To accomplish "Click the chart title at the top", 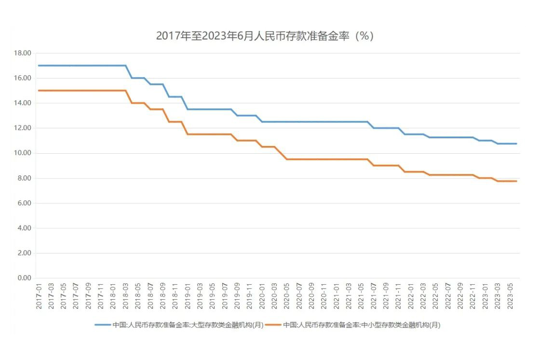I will click(x=265, y=36).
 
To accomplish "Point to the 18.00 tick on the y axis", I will click(x=23, y=53).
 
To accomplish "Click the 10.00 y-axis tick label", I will click(x=23, y=153).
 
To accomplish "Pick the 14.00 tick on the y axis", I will click(x=23, y=103).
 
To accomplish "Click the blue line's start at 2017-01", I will click(x=39, y=66).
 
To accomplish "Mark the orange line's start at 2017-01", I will click(x=39, y=91).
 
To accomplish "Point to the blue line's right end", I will click(x=516, y=144).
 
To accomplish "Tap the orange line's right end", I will click(x=516, y=181).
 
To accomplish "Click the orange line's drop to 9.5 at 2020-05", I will click(x=287, y=159).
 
